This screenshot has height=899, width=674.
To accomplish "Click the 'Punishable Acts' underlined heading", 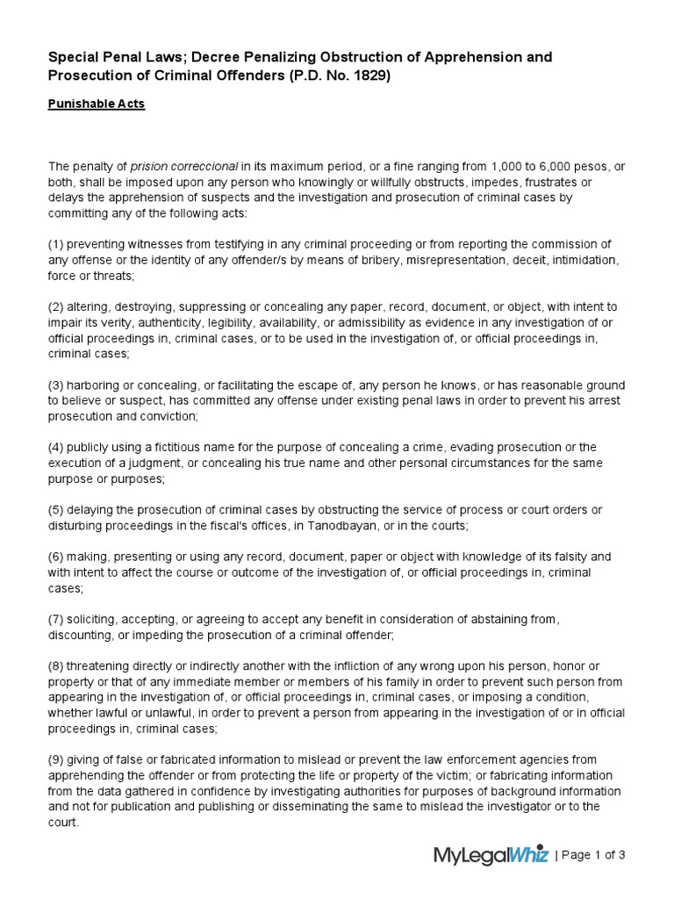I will tap(97, 104).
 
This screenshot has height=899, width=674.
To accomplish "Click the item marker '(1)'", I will tap(57, 244).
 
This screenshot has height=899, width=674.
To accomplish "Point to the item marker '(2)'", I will tap(57, 307).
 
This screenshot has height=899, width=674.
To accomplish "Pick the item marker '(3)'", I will tap(57, 386).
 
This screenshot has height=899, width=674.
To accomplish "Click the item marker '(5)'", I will tap(57, 511).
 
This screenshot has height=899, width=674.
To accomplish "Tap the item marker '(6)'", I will tap(57, 557).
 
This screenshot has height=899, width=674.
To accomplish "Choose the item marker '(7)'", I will tap(57, 620).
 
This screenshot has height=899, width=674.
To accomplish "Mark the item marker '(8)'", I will tap(57, 666).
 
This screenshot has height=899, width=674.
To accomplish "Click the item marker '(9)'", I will tap(57, 759).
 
